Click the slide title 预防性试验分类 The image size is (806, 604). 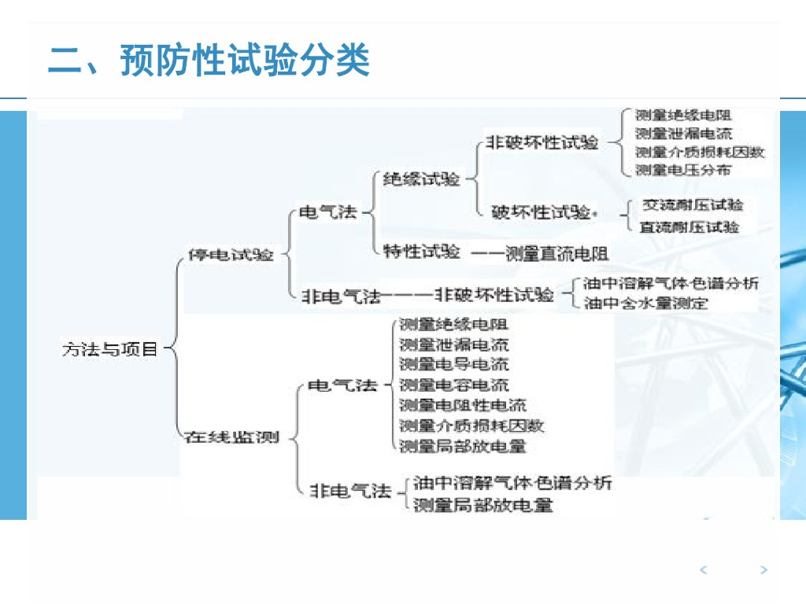[x=209, y=61]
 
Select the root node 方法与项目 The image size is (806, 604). [x=110, y=348]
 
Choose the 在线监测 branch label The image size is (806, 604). [x=231, y=437]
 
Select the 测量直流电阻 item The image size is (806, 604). [x=556, y=253]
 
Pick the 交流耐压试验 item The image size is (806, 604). [x=693, y=205]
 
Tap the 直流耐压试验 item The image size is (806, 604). [x=690, y=227]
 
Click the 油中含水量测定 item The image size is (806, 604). [x=646, y=303]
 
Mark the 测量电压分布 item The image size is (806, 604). [x=683, y=169]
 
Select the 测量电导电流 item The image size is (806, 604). [x=453, y=364]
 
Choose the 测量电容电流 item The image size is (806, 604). [x=453, y=385]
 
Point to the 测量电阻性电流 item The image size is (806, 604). [x=463, y=405]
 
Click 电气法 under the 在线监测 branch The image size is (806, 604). [x=342, y=385]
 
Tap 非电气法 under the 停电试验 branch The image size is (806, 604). [x=341, y=296]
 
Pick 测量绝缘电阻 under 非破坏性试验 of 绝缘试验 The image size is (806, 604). [x=683, y=115]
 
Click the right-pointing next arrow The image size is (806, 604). [x=763, y=570]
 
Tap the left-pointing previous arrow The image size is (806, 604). [x=704, y=570]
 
